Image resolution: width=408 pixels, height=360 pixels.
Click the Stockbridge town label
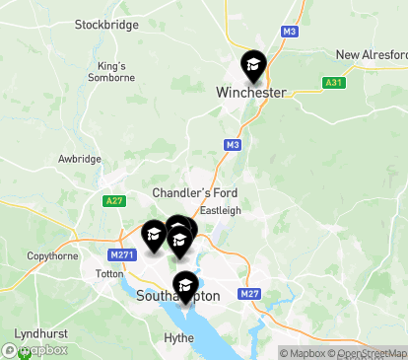106,25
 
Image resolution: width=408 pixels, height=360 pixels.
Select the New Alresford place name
372,54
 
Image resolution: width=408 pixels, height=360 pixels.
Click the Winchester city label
250,93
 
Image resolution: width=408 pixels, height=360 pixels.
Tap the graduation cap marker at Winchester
253,65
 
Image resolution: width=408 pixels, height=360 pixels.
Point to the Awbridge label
79,158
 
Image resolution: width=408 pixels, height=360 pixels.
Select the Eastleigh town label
220,210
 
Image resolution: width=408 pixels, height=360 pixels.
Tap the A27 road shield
113,200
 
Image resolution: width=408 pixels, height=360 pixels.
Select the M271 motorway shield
122,254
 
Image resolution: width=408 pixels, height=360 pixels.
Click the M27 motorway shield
248,294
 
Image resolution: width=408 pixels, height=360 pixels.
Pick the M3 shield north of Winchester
289,32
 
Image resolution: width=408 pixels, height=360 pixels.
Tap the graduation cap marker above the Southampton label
184,285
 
